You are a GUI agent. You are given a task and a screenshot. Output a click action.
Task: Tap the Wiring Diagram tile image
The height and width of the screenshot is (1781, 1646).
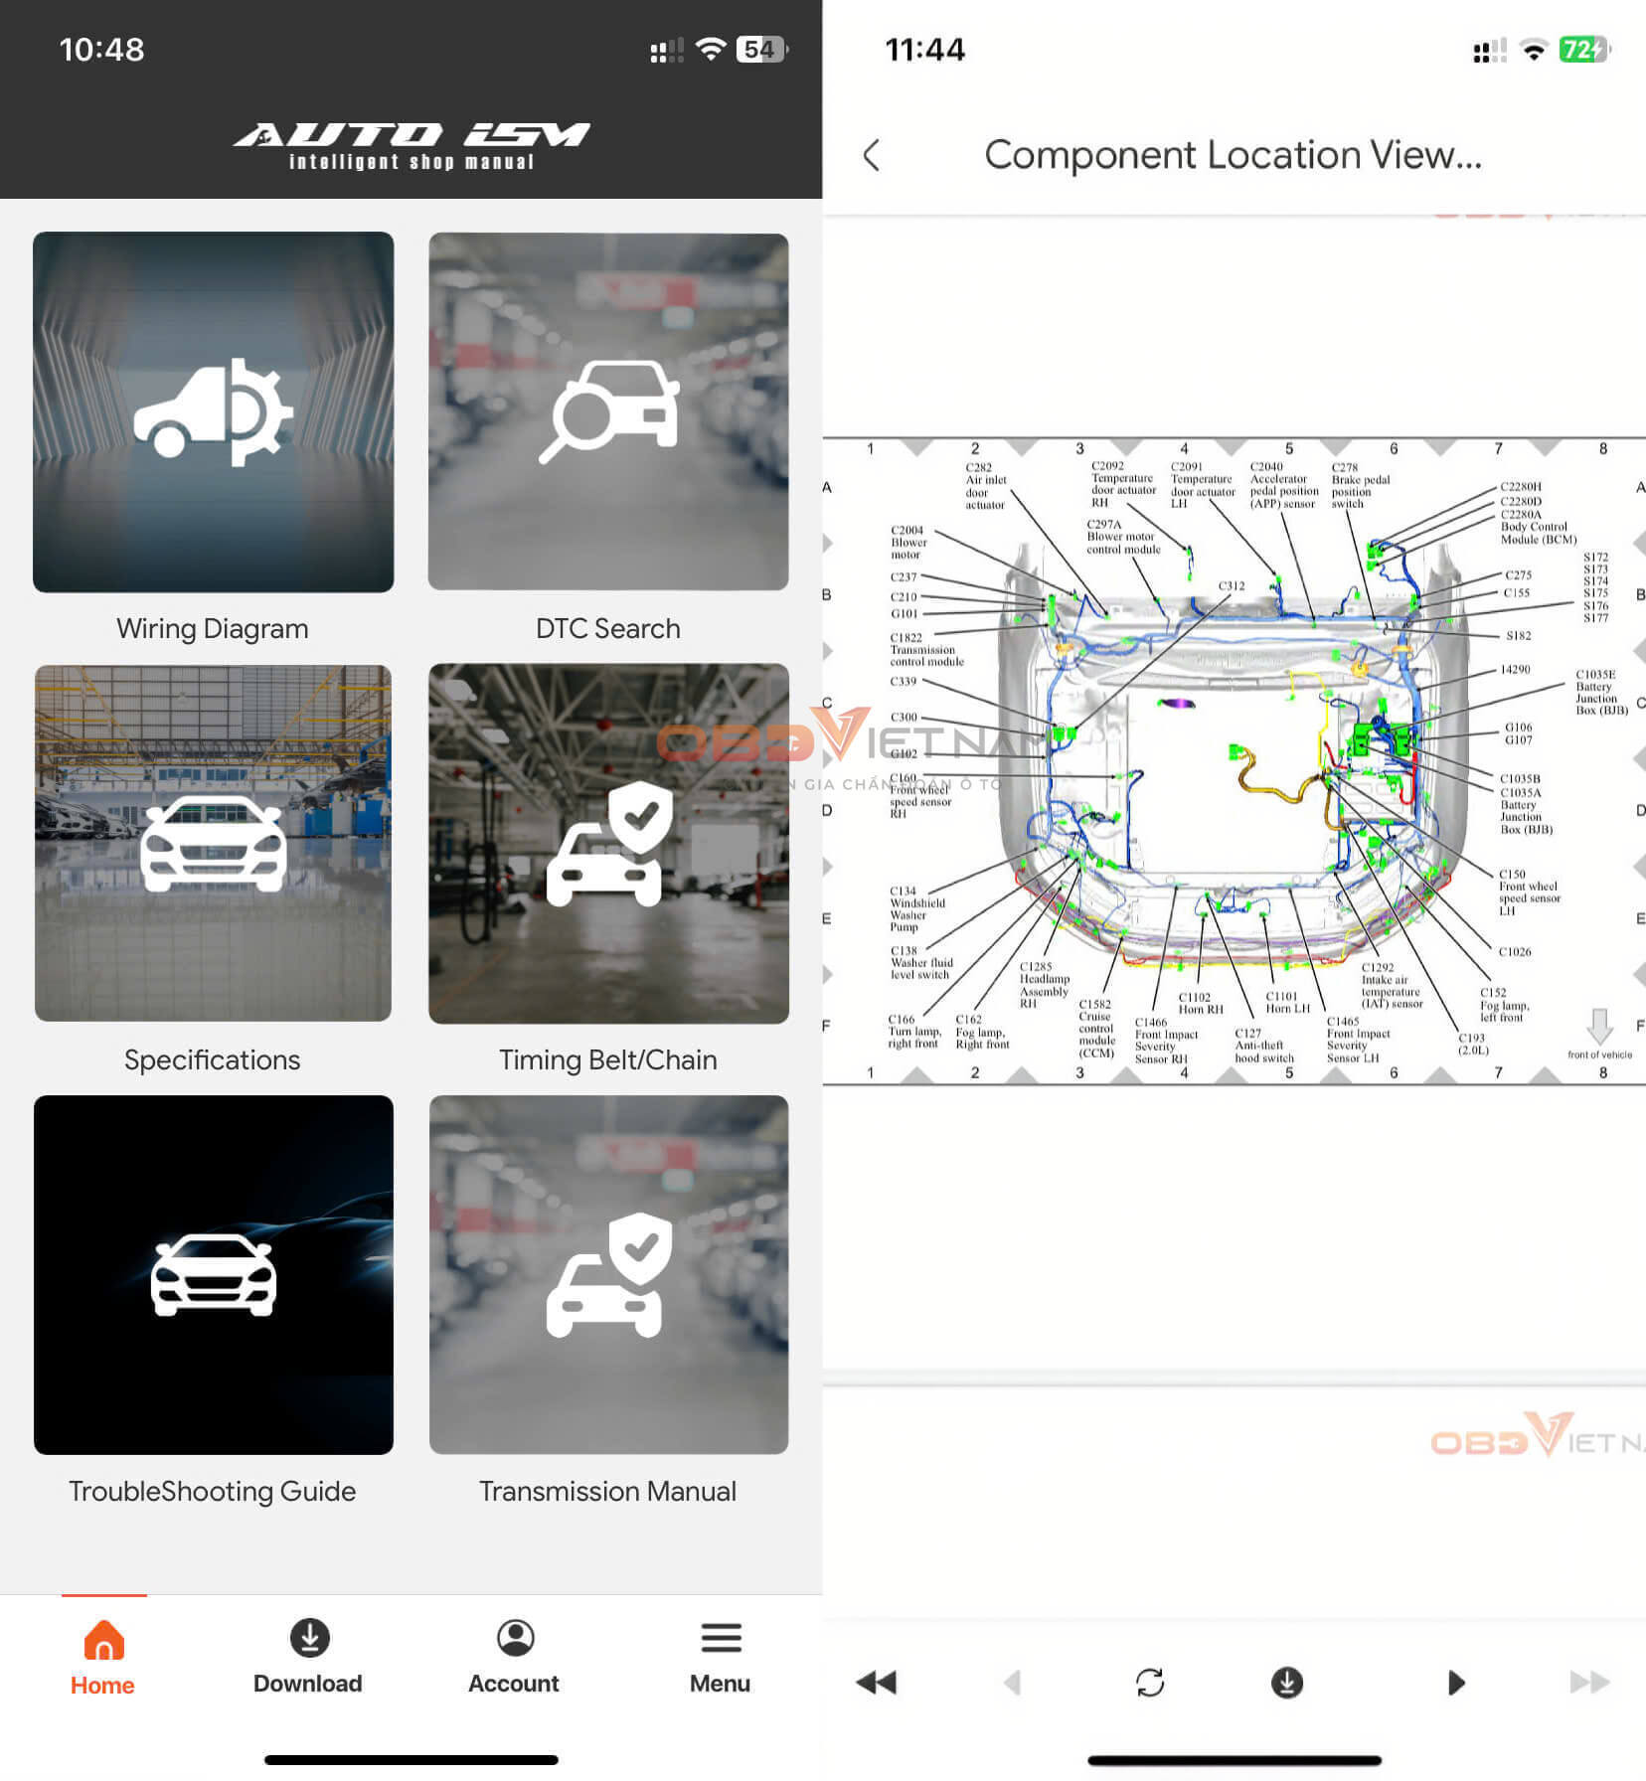click(213, 411)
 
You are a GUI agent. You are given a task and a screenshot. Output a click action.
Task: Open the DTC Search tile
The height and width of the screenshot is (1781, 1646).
click(608, 411)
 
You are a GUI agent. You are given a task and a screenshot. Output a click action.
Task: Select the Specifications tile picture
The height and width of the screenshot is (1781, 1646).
click(213, 843)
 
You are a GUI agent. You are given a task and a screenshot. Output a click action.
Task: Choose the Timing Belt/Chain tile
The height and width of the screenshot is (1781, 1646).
click(608, 843)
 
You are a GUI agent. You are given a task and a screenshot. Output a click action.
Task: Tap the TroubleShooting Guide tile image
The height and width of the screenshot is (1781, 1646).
click(213, 1274)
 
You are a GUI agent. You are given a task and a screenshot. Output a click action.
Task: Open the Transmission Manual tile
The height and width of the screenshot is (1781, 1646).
click(608, 1274)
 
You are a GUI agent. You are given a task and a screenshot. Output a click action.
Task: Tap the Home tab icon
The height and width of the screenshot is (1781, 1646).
click(103, 1640)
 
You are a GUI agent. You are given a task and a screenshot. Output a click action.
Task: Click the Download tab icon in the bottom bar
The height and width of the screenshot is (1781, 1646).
click(309, 1638)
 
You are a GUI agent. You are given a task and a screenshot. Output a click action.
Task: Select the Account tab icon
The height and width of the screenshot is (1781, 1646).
click(515, 1638)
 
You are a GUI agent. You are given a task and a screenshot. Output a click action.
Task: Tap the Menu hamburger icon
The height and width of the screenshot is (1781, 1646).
click(721, 1638)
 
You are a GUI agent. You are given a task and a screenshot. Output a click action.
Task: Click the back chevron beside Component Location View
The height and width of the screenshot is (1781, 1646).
click(872, 155)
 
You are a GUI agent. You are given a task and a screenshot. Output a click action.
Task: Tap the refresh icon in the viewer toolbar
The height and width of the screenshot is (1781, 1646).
click(1150, 1683)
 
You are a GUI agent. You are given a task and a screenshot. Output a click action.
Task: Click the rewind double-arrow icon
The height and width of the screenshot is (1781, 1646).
click(876, 1683)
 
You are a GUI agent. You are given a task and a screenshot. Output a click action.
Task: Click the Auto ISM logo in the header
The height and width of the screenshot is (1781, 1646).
click(411, 145)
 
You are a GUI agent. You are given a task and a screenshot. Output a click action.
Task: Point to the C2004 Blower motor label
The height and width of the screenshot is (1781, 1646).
click(907, 543)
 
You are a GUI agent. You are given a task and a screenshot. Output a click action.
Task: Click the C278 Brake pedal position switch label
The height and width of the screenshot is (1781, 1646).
click(1359, 485)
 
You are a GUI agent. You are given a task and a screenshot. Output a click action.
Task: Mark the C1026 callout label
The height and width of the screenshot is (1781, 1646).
click(1515, 952)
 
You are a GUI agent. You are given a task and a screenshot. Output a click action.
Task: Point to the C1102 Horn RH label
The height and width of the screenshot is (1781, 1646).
click(1200, 1003)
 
